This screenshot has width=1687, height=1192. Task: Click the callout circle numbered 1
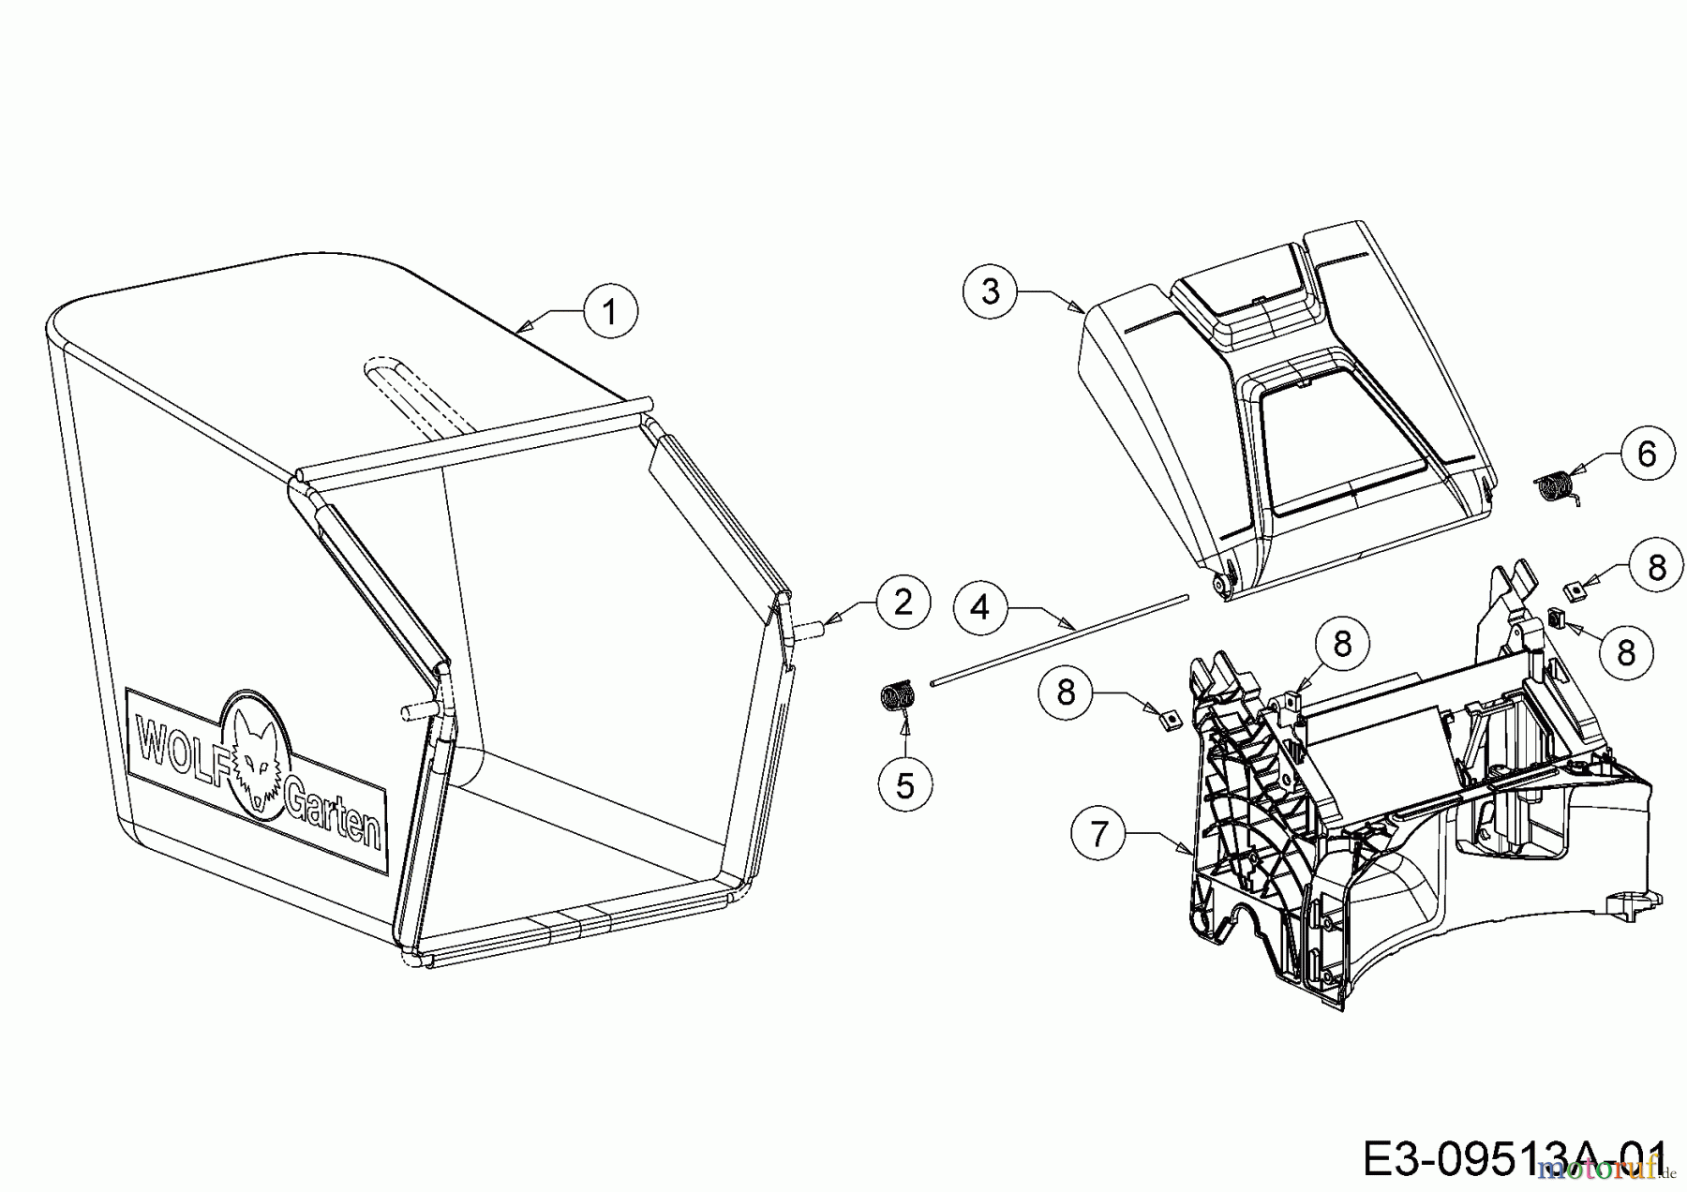tap(610, 311)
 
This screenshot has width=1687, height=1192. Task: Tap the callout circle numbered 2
tap(903, 602)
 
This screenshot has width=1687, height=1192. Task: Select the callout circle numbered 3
tap(990, 291)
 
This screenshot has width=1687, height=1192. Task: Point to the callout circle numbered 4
tap(979, 608)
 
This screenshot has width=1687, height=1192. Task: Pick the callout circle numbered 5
tap(904, 785)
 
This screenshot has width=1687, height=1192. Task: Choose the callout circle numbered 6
tap(1647, 454)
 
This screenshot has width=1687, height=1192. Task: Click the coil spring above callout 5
tap(897, 698)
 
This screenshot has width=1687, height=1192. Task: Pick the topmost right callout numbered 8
tap(1656, 567)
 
